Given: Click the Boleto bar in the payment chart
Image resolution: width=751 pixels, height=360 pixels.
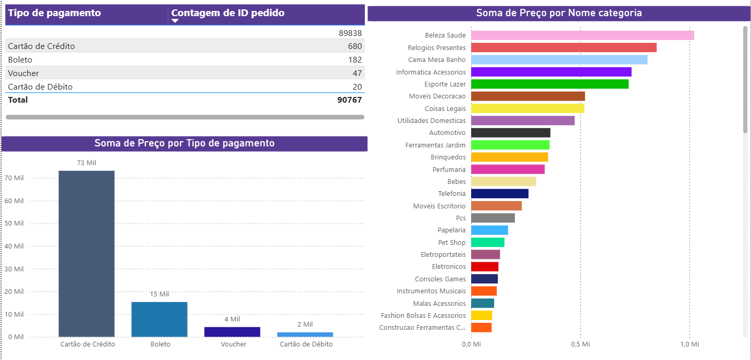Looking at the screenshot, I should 159,319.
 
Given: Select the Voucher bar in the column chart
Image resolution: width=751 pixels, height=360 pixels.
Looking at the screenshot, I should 232,332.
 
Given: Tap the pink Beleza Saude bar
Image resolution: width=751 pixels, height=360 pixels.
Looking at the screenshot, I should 582,35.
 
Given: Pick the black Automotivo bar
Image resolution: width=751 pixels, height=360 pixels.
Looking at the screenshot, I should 510,133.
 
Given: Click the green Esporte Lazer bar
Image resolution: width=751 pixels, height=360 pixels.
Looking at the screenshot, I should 549,84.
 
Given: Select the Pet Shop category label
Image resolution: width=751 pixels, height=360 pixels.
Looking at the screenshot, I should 451,242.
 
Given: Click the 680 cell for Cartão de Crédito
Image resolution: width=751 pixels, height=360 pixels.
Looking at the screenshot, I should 354,46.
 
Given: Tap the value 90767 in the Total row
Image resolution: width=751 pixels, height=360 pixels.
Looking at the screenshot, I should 349,100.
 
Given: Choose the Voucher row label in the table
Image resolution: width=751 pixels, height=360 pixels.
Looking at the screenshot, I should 23,73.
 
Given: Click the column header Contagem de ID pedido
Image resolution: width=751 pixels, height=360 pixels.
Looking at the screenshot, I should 228,13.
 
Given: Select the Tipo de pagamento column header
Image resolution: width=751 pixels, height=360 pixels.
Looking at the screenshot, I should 54,13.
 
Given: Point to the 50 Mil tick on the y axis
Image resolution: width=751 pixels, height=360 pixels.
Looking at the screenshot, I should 15,224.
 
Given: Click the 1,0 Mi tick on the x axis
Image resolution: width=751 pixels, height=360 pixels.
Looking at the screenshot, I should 689,344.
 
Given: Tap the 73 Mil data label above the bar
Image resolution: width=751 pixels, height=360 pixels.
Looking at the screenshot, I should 87,163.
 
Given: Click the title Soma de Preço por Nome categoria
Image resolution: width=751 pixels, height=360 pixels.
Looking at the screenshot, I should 559,13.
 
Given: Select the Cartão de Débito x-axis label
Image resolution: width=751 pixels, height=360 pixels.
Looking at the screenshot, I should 306,344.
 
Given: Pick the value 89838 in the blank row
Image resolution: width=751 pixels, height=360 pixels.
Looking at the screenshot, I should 350,33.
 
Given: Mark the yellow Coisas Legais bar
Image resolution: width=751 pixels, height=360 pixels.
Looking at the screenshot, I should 527,108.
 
